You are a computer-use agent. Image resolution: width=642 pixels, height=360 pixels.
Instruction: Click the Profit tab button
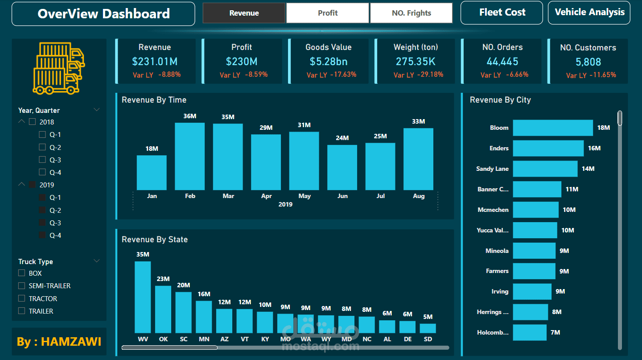[328, 13]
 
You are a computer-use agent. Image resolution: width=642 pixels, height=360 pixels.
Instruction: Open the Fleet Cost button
[502, 12]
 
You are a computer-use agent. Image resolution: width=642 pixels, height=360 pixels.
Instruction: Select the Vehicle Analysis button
[589, 12]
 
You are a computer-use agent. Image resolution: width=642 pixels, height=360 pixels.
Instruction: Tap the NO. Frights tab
[411, 13]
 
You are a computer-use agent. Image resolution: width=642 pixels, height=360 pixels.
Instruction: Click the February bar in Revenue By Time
[189, 156]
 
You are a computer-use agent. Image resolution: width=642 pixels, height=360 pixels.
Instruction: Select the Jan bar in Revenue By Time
[152, 173]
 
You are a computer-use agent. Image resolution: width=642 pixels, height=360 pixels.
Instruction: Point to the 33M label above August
[418, 121]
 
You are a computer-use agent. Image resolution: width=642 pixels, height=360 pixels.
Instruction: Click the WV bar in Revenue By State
[143, 297]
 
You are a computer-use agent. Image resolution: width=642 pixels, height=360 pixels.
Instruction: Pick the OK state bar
[163, 309]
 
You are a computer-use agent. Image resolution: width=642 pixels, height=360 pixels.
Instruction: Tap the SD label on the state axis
[428, 339]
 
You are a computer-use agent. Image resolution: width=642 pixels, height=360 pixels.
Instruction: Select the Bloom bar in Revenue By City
[553, 128]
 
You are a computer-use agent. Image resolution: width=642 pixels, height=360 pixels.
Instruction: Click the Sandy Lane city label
[492, 169]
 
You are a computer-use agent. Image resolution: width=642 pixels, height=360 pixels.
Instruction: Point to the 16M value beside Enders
[594, 148]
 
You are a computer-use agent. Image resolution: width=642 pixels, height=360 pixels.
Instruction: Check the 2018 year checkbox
[32, 122]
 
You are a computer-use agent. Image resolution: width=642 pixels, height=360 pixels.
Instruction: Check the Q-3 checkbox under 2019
[42, 223]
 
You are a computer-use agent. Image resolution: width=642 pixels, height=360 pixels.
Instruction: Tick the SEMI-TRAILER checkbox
[21, 286]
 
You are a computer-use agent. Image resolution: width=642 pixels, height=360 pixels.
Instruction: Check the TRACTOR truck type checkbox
[21, 298]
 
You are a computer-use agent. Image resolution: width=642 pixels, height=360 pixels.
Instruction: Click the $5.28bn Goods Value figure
[329, 62]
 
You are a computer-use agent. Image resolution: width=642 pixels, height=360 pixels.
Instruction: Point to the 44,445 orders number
[502, 62]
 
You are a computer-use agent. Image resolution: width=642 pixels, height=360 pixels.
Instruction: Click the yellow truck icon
[59, 68]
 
